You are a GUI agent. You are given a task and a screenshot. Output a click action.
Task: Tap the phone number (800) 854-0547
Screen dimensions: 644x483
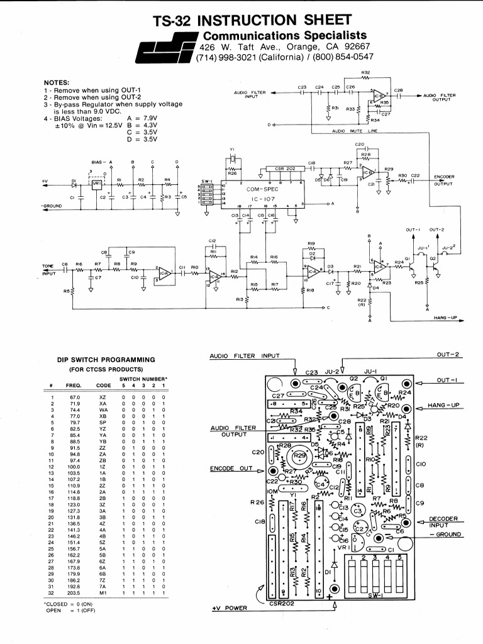tap(340, 57)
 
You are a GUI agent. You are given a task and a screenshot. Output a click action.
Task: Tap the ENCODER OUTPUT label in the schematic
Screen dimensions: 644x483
tap(444, 180)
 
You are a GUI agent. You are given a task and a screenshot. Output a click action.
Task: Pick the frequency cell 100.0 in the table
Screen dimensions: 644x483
tap(75, 467)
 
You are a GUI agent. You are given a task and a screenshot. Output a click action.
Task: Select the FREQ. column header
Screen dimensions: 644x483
tap(74, 385)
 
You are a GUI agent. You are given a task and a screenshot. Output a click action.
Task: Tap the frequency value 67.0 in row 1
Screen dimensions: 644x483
tap(75, 397)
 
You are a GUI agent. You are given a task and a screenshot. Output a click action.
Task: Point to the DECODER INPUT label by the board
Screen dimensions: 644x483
tap(443, 522)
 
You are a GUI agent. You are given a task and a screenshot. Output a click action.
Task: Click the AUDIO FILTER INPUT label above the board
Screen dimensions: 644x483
tap(244, 356)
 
